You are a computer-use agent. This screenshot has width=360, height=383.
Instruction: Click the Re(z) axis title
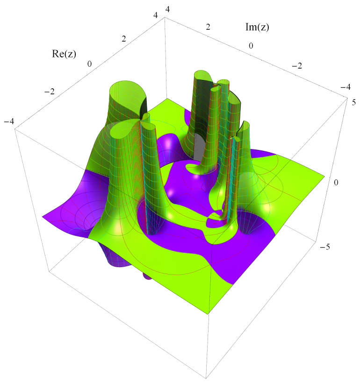pos(64,54)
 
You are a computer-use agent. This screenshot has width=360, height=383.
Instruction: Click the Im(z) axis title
pos(257,27)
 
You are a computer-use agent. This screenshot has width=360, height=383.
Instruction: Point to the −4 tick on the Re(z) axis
pos(9,121)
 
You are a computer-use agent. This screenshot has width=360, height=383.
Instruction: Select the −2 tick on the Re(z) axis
pos(50,92)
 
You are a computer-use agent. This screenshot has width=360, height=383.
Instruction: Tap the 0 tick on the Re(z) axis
pos(89,64)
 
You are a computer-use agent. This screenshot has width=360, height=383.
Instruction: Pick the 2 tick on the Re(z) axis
pos(124,39)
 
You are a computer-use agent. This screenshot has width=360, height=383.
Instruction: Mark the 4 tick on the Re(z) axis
pos(156,15)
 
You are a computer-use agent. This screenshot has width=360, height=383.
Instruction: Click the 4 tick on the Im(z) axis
pos(167,9)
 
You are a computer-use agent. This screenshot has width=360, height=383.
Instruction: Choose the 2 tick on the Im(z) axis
pos(208,27)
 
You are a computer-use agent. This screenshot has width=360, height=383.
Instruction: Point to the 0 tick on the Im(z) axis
pos(251,46)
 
